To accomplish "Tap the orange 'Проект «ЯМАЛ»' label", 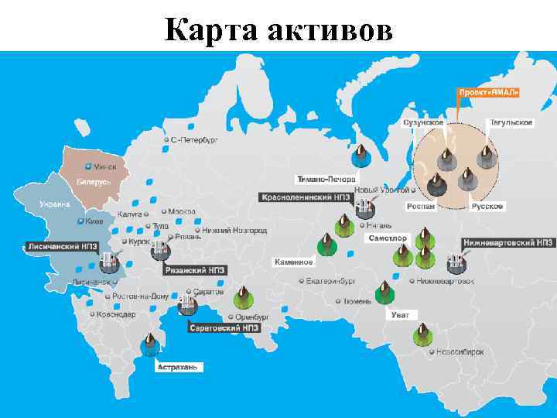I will (x=490, y=91).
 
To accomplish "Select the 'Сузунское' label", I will (x=423, y=122).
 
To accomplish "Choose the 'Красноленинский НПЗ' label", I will (x=306, y=197).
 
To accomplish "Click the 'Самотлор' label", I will (x=388, y=238).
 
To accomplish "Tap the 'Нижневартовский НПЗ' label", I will (x=508, y=243).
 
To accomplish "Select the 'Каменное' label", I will (x=294, y=262).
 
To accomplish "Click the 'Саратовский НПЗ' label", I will (x=224, y=327).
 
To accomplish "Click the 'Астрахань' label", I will (x=179, y=367).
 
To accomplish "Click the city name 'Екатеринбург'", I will (x=330, y=281).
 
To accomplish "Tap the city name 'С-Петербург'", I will (x=194, y=140).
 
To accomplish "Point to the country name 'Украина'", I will (x=55, y=204).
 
